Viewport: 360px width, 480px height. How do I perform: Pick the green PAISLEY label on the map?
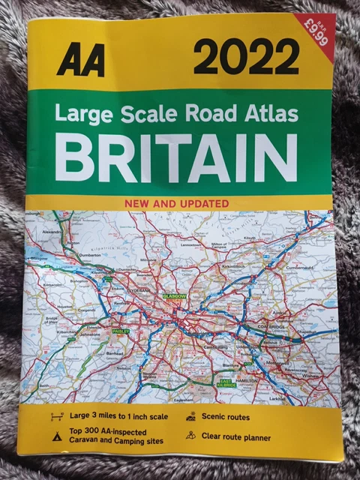(120, 329)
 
